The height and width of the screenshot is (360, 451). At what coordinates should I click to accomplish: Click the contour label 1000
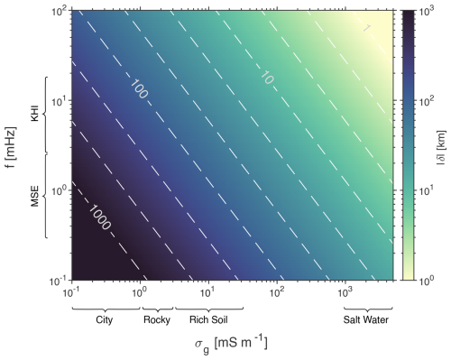(x=100, y=217)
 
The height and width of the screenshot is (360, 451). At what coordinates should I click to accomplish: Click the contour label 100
(x=139, y=89)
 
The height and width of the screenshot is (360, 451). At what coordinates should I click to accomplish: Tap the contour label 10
(x=266, y=78)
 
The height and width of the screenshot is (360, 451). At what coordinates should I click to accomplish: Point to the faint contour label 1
(x=367, y=28)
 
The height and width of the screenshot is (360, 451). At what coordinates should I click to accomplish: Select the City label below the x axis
(x=104, y=319)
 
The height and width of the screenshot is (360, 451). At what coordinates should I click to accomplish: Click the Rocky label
(x=157, y=319)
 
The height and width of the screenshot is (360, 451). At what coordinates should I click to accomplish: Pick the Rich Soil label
(x=208, y=319)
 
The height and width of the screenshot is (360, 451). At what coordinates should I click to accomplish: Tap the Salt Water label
(x=366, y=319)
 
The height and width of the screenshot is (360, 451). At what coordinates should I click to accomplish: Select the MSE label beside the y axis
(x=35, y=197)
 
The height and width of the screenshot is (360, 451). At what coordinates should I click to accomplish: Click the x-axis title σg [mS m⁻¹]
(x=231, y=344)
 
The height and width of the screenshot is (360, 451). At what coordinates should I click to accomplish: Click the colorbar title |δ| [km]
(x=441, y=148)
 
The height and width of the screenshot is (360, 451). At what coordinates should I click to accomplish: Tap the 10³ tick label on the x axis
(x=344, y=291)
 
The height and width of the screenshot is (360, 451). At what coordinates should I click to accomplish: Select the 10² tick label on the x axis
(x=276, y=291)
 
